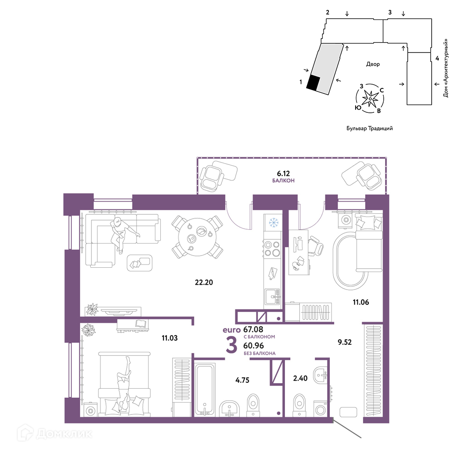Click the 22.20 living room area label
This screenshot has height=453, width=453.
204,282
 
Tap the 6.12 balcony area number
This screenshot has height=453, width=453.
283,173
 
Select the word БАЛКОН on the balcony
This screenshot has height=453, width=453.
283,181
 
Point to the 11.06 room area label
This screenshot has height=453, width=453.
361,302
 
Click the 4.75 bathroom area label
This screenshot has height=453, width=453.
242,380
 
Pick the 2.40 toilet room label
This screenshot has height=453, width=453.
300,378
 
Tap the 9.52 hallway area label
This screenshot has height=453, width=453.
344,342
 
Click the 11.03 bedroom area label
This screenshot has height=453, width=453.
169,338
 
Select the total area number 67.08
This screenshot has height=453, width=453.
253,329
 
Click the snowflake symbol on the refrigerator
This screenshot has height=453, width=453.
273,222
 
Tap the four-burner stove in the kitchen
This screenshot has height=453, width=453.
272,249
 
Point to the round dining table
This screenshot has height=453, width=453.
197,237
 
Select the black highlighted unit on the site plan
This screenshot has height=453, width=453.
313,83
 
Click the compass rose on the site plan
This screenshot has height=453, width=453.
370,98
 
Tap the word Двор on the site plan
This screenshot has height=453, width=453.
373,64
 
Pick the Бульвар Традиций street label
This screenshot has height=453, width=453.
370,128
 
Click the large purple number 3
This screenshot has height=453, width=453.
231,346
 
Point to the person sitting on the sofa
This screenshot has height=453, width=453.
123,235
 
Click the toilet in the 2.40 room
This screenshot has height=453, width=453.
299,405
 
